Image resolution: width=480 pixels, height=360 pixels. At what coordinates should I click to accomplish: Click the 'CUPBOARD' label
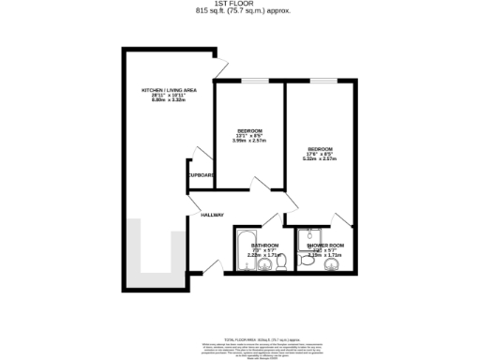[x=202, y=175]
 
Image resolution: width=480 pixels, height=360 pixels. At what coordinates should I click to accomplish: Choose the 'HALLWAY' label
[x=212, y=216]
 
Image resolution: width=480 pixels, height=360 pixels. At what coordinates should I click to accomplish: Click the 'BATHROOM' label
[x=263, y=245]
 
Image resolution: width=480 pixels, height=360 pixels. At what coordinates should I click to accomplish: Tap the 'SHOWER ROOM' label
[x=325, y=245]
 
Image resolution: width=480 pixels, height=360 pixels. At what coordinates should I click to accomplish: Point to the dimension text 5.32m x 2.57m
[x=321, y=159]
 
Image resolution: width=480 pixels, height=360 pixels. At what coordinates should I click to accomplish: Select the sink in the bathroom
[x=264, y=263]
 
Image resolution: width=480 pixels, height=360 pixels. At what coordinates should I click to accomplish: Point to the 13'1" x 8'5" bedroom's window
[x=249, y=82]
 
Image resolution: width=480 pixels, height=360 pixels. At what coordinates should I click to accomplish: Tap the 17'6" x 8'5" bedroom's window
[x=322, y=82]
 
